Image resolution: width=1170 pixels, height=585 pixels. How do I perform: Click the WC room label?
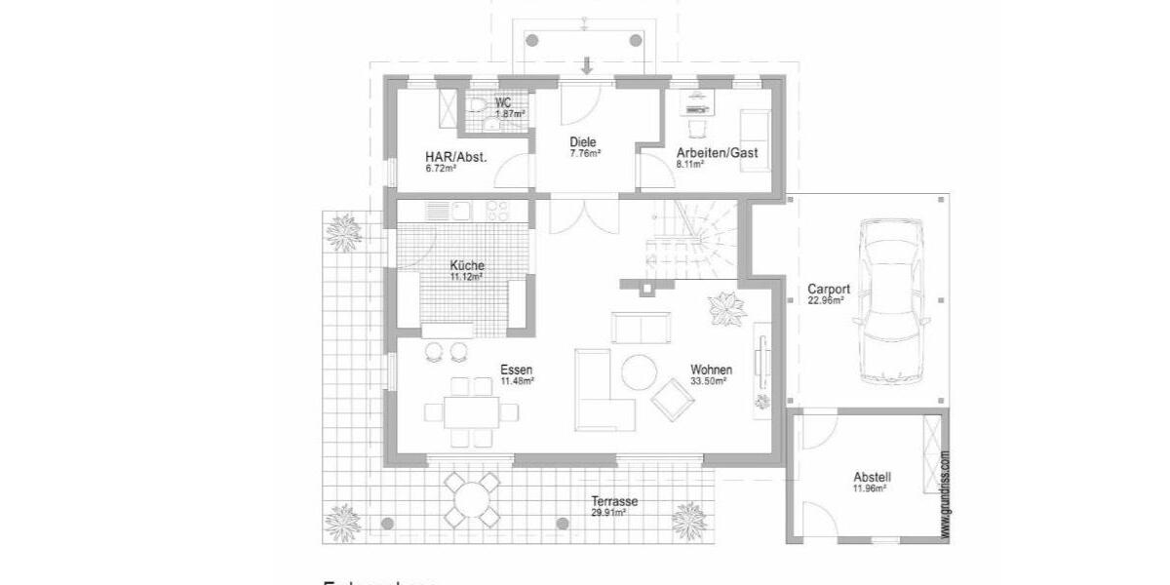(503, 102)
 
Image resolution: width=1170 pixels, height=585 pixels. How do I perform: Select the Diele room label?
(583, 142)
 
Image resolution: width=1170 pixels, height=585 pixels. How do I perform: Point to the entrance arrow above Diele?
(586, 66)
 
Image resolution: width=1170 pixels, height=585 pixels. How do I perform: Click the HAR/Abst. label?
(455, 157)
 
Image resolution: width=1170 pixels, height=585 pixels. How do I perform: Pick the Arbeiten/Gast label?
(717, 153)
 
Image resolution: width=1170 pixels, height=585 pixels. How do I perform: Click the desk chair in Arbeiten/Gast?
(698, 126)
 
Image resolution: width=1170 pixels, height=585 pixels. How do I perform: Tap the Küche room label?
(467, 265)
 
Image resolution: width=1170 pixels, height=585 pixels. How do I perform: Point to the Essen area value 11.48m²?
(517, 381)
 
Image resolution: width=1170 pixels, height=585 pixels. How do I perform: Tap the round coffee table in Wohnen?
(642, 370)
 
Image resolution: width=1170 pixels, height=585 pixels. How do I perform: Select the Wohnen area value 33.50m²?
(712, 381)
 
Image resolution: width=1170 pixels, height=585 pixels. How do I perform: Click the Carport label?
(830, 290)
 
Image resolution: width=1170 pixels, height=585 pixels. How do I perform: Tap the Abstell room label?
(872, 477)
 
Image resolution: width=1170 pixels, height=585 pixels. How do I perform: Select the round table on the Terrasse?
(473, 500)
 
